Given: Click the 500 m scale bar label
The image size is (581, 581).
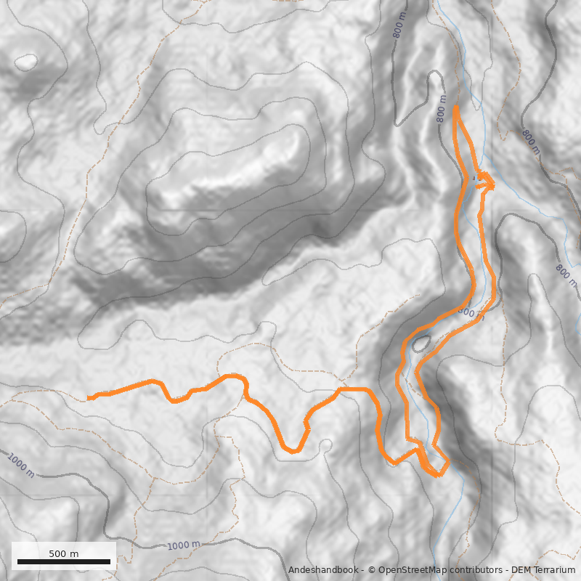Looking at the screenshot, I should point(64,553).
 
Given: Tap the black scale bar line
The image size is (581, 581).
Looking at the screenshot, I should point(64,562).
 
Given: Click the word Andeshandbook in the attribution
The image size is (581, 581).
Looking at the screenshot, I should point(322,571).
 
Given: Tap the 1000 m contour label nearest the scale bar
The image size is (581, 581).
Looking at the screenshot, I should point(183,545).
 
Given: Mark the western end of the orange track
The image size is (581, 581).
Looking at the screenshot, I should point(89,398).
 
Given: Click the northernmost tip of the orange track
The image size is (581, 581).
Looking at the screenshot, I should point(455,107).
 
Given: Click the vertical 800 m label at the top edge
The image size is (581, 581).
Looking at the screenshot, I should point(399,25).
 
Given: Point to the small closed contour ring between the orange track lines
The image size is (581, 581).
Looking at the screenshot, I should point(420,343).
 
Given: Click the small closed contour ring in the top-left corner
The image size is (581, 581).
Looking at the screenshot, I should point(27,62).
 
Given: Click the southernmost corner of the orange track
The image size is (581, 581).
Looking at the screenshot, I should point(437,476).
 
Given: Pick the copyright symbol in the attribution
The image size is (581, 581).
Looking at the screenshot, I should point(373,571).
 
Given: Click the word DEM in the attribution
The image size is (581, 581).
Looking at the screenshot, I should point(520,571).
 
